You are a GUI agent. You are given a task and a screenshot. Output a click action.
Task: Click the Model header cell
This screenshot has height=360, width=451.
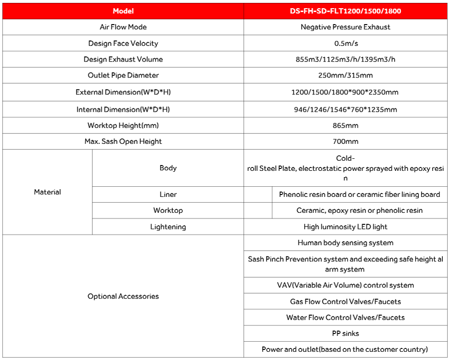123,11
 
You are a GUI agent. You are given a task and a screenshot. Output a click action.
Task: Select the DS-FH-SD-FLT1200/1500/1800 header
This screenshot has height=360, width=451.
345,11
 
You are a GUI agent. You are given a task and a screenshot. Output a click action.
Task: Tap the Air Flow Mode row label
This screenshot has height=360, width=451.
123,27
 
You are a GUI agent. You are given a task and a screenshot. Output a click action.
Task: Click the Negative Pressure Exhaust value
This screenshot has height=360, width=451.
345,27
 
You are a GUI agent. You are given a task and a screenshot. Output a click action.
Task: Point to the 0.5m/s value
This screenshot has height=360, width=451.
345,43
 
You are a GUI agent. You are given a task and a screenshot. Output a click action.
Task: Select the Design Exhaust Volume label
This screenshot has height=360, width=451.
123,59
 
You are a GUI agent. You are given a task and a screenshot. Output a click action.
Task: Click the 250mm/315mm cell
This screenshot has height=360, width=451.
345,75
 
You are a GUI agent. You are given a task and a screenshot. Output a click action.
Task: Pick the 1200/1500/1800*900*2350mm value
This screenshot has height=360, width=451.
345,92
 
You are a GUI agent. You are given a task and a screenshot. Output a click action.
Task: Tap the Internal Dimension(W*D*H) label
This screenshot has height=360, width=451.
123,109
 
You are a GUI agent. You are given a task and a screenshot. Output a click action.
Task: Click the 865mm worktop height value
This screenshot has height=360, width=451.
345,125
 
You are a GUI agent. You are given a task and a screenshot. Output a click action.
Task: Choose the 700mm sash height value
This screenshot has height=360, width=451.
345,141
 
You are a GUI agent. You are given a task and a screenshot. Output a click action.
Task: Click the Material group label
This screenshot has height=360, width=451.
47,192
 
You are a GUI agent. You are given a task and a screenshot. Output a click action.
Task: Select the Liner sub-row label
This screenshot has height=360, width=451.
168,194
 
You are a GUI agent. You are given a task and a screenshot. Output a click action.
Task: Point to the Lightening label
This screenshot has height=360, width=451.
168,227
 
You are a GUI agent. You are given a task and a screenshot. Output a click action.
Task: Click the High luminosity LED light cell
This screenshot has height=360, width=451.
345,227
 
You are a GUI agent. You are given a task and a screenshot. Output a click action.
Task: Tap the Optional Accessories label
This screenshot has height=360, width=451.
123,296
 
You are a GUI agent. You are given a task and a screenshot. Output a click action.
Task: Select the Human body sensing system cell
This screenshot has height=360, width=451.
345,243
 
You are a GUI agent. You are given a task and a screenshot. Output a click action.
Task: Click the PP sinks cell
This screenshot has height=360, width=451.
345,333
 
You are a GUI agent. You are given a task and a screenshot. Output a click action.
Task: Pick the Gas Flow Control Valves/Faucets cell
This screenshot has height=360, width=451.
345,301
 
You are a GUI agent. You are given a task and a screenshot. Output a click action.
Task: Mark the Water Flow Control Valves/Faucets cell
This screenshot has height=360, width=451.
345,317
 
